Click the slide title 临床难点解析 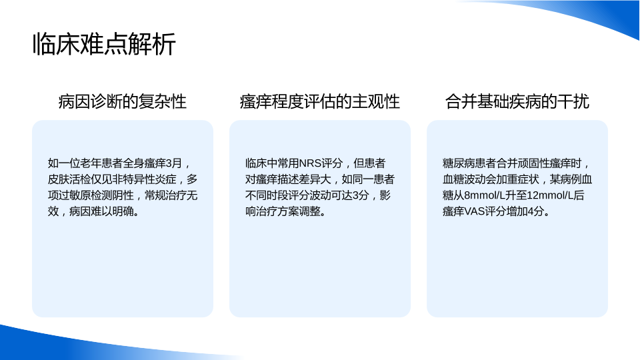pyautogui.click(x=104, y=44)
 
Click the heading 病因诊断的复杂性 pyautogui.click(x=123, y=101)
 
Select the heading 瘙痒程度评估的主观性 pyautogui.click(x=319, y=101)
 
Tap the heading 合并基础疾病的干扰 pyautogui.click(x=517, y=101)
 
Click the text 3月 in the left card pyautogui.click(x=174, y=163)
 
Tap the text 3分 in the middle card pyautogui.click(x=361, y=195)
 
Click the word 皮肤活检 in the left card pyautogui.click(x=69, y=179)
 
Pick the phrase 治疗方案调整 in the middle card pyautogui.click(x=288, y=211)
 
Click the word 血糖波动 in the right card pyautogui.click(x=464, y=179)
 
